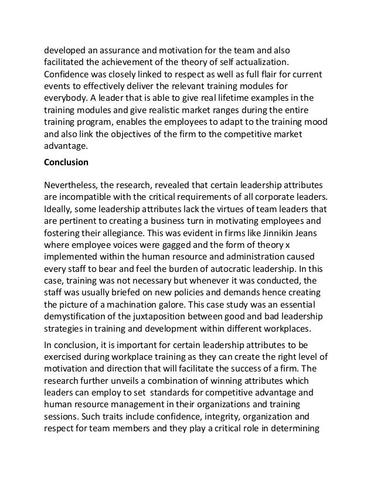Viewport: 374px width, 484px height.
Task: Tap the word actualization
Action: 261,62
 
